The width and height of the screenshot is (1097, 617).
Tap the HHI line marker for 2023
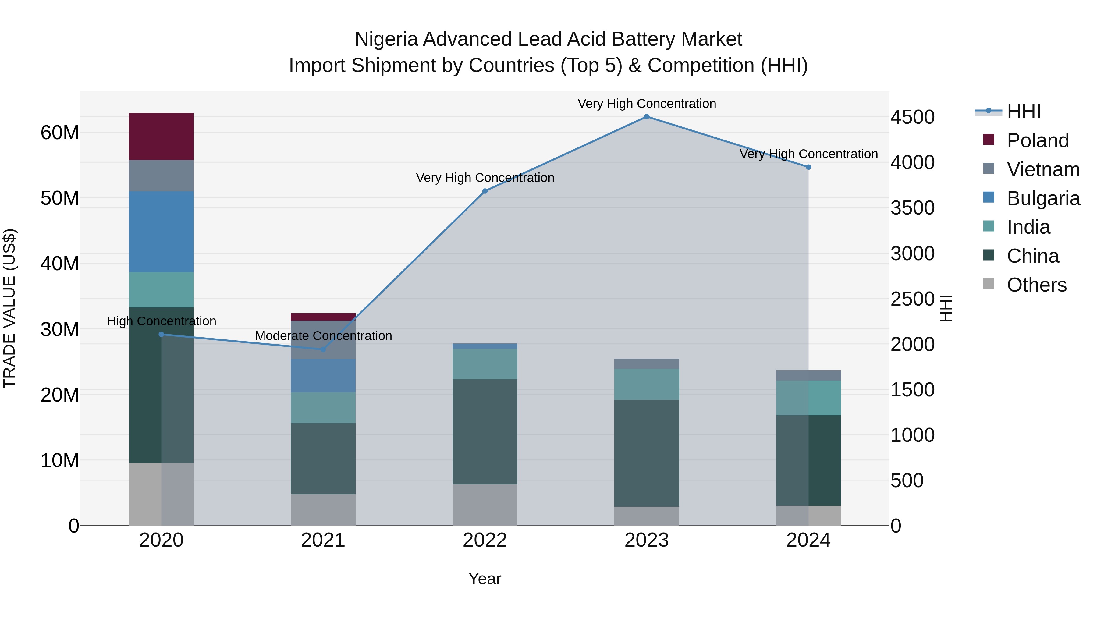click(646, 117)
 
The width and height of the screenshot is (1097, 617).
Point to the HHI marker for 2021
click(323, 349)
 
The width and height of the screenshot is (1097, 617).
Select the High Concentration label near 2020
click(162, 321)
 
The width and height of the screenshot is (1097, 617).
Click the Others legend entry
click(1036, 285)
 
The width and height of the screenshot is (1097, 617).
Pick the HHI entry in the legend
click(1023, 112)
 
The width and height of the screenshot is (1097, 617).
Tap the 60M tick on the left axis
click(60, 133)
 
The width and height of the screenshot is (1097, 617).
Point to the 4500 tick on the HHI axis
click(912, 117)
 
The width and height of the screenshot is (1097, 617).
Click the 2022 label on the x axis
click(485, 540)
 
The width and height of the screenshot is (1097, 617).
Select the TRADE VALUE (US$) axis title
click(9, 308)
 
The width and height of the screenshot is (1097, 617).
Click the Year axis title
click(485, 579)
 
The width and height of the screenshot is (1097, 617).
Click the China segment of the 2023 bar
click(646, 453)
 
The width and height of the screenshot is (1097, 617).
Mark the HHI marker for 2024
click(808, 167)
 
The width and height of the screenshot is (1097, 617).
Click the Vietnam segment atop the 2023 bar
click(646, 363)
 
